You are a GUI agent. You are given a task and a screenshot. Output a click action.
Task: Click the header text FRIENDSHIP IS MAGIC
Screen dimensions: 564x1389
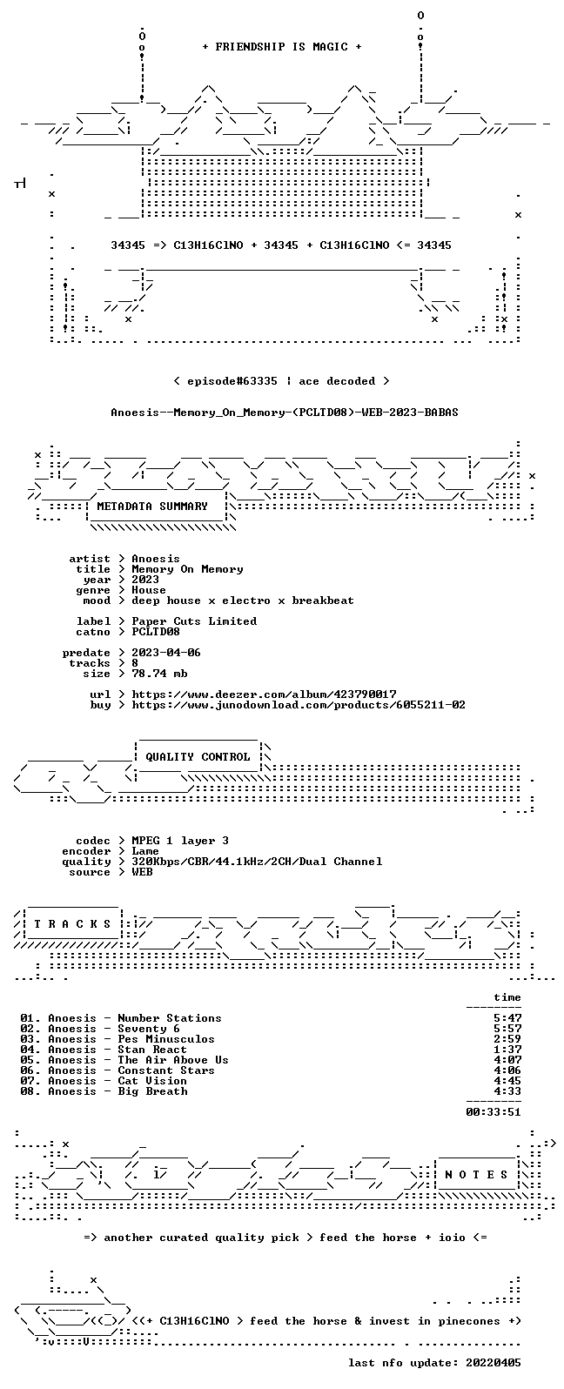(282, 47)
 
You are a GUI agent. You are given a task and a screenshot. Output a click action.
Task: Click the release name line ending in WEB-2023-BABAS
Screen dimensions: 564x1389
(284, 413)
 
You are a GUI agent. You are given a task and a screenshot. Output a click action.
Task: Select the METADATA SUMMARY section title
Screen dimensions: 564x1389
(152, 507)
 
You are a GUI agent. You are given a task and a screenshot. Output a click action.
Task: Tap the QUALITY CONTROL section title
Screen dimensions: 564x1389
(198, 757)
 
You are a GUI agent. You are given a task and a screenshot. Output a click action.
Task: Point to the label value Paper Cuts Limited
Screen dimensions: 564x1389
(194, 621)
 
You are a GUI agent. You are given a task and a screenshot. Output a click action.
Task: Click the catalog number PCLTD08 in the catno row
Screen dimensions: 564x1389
(156, 632)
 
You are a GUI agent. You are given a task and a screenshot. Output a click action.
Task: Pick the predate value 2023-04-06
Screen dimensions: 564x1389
(166, 653)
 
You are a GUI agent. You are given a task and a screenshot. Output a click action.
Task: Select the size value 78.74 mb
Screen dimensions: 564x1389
(159, 674)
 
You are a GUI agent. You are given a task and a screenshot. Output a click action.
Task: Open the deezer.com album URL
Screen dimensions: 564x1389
(264, 694)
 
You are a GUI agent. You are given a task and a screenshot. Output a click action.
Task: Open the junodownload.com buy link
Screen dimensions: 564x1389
(299, 705)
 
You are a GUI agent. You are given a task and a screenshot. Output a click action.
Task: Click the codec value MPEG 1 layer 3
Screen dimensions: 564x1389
(180, 841)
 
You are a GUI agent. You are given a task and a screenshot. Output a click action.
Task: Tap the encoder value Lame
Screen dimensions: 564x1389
(145, 851)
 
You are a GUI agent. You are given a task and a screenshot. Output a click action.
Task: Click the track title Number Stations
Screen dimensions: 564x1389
(170, 1018)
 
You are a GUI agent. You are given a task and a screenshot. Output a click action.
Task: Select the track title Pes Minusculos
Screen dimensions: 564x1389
(166, 1039)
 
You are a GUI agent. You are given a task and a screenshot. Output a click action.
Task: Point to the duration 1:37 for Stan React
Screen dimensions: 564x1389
(507, 1050)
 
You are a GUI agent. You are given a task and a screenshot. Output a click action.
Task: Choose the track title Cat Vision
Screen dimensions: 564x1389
(152, 1081)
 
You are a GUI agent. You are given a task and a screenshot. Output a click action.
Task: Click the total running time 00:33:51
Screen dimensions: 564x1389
(493, 1112)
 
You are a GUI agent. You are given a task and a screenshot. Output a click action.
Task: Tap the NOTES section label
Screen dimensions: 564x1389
(476, 1175)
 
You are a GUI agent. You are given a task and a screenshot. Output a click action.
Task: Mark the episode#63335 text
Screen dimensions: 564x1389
(232, 381)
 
